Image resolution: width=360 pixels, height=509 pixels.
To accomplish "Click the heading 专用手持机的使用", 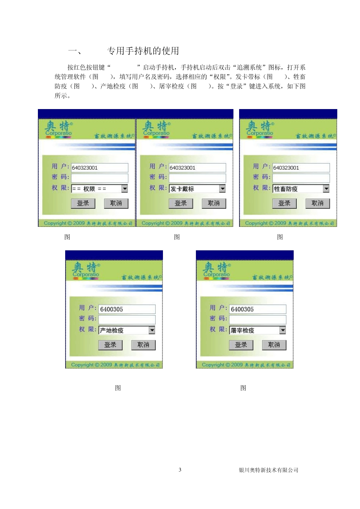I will (x=143, y=51).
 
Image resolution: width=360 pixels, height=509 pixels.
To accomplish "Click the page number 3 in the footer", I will (x=180, y=470).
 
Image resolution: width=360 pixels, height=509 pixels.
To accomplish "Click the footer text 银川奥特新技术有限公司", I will (x=268, y=470).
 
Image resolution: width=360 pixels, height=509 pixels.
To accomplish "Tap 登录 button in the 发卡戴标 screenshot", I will (x=181, y=203).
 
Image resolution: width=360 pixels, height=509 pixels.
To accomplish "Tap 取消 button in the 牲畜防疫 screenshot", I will (x=318, y=203).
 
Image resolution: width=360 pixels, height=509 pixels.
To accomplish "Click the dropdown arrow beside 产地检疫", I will (x=152, y=330).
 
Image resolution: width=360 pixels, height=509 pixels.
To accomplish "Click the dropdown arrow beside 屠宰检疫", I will (x=283, y=330).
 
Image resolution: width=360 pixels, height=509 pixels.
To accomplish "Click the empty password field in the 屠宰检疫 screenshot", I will (x=257, y=320).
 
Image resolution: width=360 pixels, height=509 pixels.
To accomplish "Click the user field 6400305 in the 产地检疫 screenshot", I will (x=127, y=309).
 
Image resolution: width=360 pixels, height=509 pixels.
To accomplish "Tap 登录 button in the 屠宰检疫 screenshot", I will (x=241, y=345).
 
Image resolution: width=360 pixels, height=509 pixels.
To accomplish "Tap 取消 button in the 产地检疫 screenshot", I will (x=143, y=345).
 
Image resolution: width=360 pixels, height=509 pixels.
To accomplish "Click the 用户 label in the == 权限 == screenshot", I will (x=60, y=166).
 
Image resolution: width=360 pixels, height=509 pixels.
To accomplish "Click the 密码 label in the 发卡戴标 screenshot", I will (x=158, y=177).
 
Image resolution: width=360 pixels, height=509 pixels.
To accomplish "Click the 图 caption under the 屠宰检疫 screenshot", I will (x=243, y=388).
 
